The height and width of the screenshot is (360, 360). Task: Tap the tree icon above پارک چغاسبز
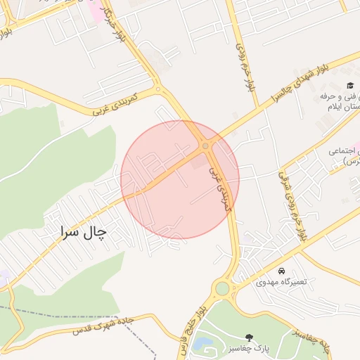(x=247, y=338)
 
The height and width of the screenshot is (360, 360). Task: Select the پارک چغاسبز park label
(x=247, y=349)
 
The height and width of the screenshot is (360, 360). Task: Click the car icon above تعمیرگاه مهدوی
(x=281, y=271)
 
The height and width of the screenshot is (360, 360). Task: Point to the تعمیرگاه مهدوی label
(x=281, y=282)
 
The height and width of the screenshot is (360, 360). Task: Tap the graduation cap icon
(x=349, y=85)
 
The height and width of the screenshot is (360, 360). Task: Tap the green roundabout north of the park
(x=223, y=288)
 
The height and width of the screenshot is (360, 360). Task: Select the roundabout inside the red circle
(x=205, y=146)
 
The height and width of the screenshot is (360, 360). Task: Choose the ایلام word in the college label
(x=349, y=109)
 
